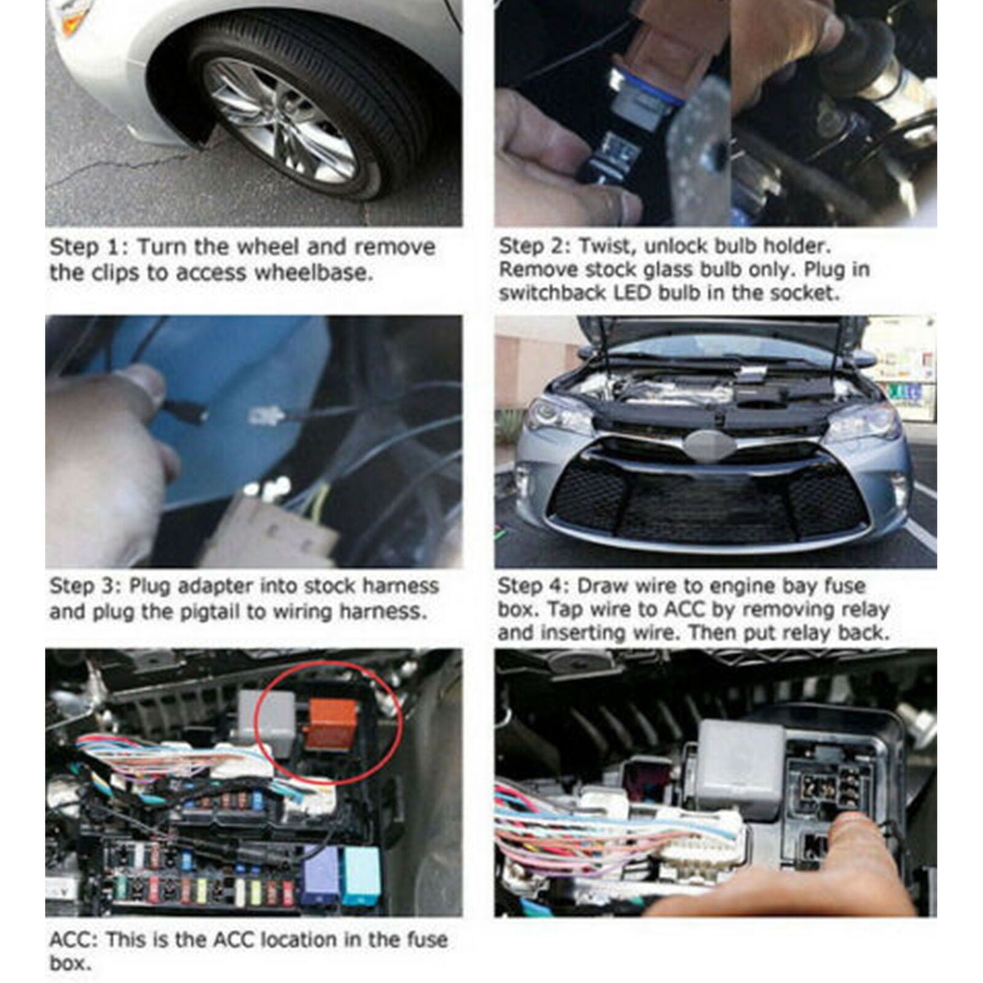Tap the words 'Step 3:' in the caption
coord(85,585)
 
